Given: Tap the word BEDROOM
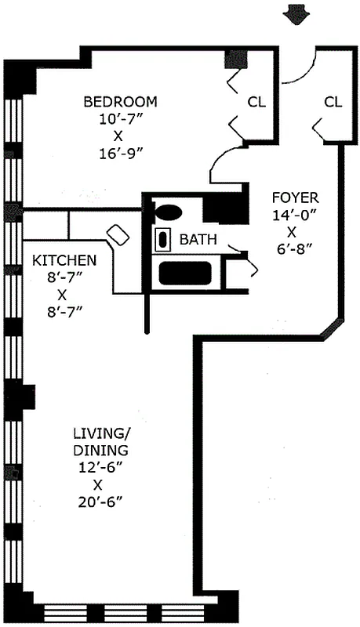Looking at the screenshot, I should point(120,102).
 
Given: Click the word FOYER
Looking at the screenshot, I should point(294,198).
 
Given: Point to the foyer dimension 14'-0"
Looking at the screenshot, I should point(294,216).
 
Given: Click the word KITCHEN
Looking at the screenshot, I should point(64,260).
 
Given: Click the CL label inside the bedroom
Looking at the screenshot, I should point(256,102).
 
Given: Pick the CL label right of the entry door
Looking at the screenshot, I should point(333,102).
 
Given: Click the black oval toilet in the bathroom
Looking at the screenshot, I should point(167,211).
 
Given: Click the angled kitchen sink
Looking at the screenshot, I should point(117,234).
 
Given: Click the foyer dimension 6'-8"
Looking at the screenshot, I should point(294,250).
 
